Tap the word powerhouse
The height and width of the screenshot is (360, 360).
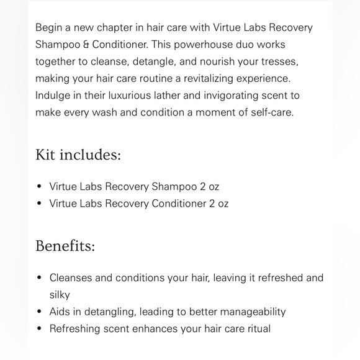[x=199, y=45]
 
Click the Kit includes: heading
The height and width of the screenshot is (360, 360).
[x=78, y=155]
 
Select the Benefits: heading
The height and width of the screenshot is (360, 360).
[x=65, y=246]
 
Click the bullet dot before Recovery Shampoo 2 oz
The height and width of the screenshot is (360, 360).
[x=40, y=186]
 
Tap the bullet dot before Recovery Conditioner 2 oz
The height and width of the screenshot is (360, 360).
[x=40, y=203]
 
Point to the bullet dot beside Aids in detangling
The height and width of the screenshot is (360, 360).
[x=40, y=312]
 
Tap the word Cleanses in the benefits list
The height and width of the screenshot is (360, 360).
[x=71, y=278]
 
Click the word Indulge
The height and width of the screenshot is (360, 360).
[x=53, y=96]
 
